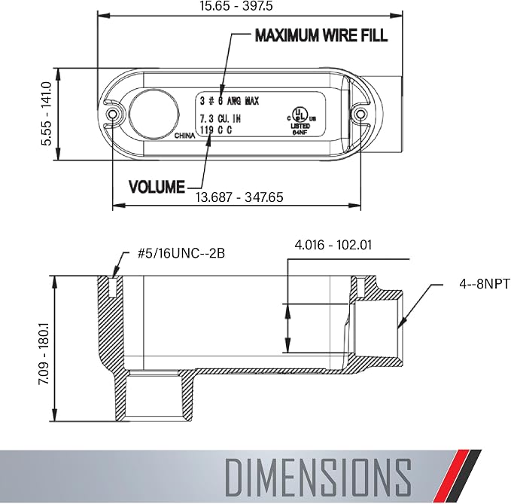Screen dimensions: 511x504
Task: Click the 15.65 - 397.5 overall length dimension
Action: [x=236, y=6]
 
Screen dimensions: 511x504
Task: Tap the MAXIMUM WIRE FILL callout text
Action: [x=321, y=35]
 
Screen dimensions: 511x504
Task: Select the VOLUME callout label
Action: [x=157, y=187]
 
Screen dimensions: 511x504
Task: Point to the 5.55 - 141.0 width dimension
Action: [x=46, y=114]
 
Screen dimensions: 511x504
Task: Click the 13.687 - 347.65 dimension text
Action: [x=239, y=197]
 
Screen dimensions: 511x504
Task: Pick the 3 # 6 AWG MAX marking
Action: [x=229, y=101]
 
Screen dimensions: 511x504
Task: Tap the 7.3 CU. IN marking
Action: [x=220, y=118]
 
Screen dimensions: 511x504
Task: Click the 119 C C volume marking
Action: [x=216, y=130]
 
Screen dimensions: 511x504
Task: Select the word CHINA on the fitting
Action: [x=185, y=136]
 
